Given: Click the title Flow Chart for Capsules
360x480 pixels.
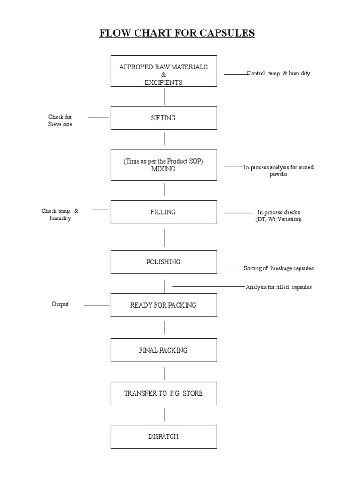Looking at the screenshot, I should [177, 33].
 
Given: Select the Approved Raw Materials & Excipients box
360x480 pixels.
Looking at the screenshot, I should [164, 71].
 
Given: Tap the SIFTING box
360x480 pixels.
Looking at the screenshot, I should [164, 118].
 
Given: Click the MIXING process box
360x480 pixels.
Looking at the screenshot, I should [164, 165].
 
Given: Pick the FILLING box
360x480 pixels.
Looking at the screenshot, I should [164, 212].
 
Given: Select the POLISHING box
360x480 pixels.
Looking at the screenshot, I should [164, 262].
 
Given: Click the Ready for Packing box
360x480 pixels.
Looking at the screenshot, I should [164, 305].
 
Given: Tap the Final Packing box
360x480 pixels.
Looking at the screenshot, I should [164, 350].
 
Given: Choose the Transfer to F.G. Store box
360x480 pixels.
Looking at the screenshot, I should [164, 393].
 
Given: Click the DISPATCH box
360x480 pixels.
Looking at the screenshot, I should [164, 436].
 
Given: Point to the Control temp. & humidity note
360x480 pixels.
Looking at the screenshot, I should [278, 74].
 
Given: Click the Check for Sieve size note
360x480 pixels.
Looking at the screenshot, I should [60, 120].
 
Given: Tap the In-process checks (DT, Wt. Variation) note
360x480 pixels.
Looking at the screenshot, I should [278, 216].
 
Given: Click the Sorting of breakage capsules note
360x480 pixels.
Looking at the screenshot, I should [278, 269].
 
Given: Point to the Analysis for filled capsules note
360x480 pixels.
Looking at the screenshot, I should [278, 287].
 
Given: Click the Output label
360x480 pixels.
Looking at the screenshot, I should [60, 304].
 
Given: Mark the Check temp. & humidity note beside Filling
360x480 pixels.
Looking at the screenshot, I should [60, 215].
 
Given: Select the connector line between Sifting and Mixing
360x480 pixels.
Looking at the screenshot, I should [164, 139].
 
